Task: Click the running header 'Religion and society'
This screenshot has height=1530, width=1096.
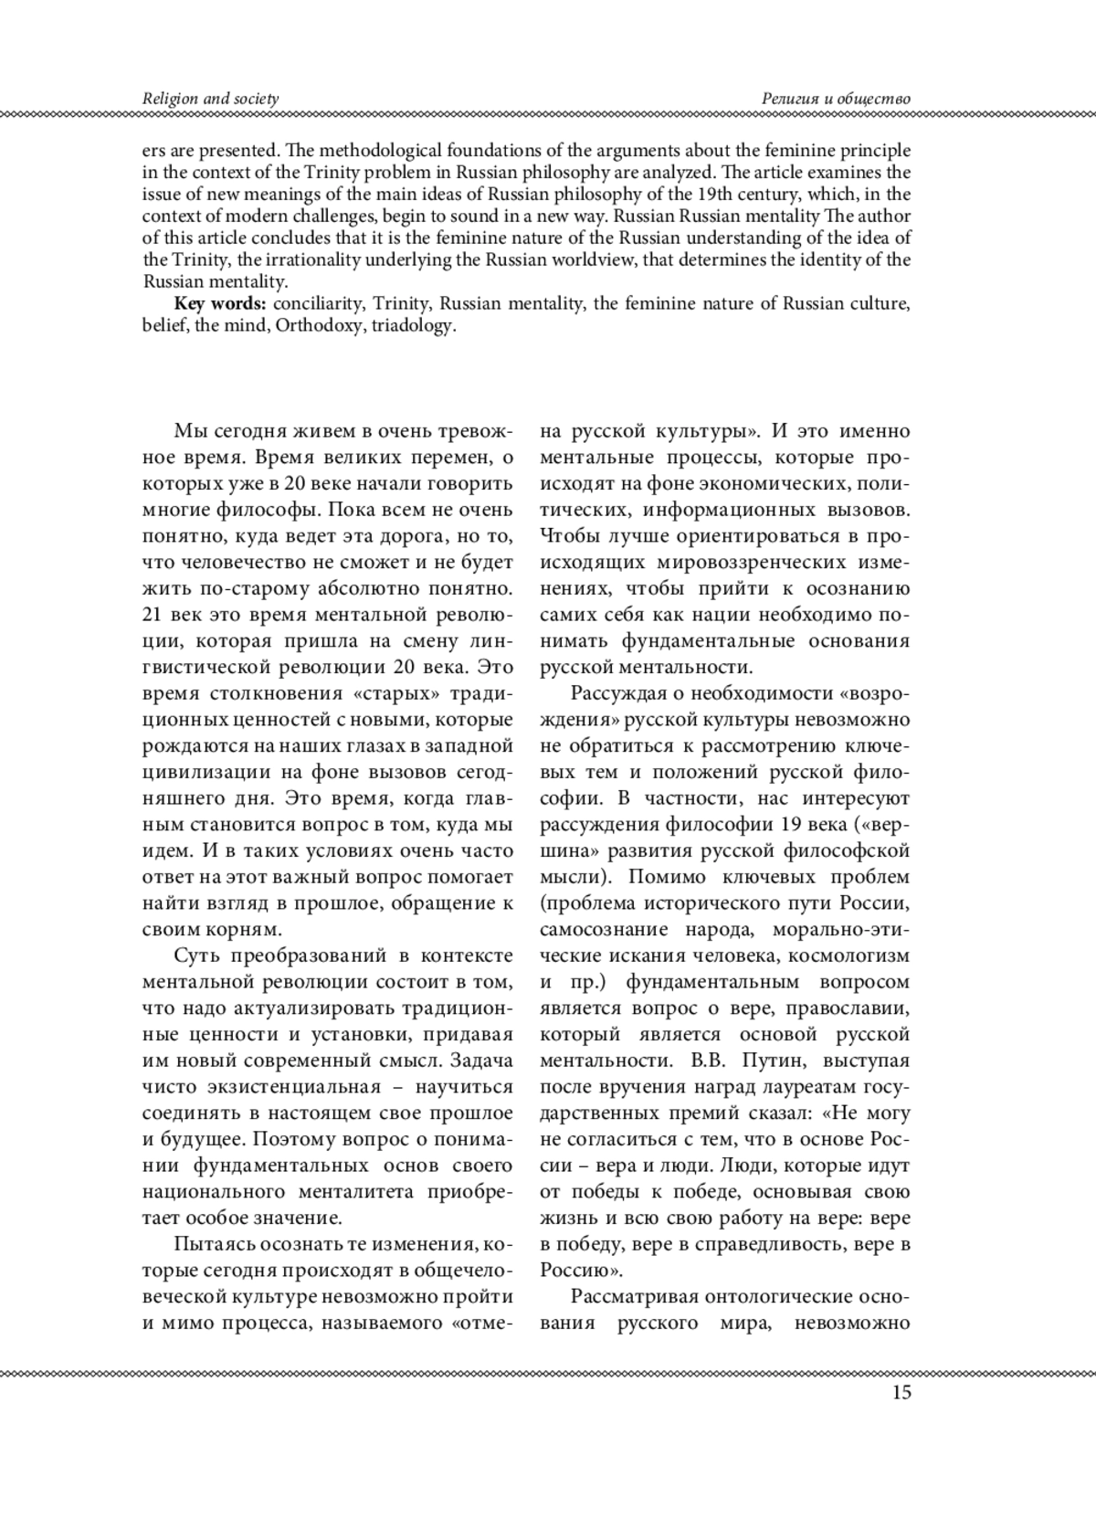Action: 210,99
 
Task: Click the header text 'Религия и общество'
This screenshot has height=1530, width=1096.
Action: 837,99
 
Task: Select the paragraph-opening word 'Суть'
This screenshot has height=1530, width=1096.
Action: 195,956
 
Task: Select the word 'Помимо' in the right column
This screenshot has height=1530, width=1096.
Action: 669,878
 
